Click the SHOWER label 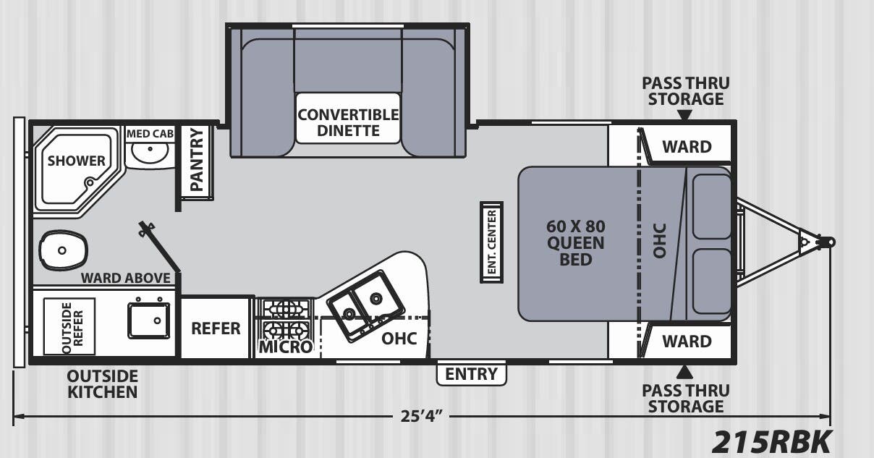pyautogui.click(x=76, y=161)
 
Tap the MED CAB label pyautogui.click(x=150, y=134)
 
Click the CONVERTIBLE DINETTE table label pyautogui.click(x=348, y=122)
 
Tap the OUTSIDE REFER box pyautogui.click(x=69, y=326)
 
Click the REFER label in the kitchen pyautogui.click(x=216, y=328)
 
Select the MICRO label pyautogui.click(x=285, y=347)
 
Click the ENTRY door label pyautogui.click(x=471, y=374)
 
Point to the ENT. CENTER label pyautogui.click(x=491, y=242)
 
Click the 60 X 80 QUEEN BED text pyautogui.click(x=575, y=242)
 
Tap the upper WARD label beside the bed pyautogui.click(x=687, y=147)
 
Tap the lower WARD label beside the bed pyautogui.click(x=687, y=341)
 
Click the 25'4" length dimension pyautogui.click(x=423, y=417)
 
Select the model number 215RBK pyautogui.click(x=773, y=440)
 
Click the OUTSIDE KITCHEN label pyautogui.click(x=102, y=384)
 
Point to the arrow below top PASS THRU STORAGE pyautogui.click(x=685, y=114)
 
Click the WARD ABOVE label pyautogui.click(x=125, y=278)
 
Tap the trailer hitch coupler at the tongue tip pyautogui.click(x=828, y=242)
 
